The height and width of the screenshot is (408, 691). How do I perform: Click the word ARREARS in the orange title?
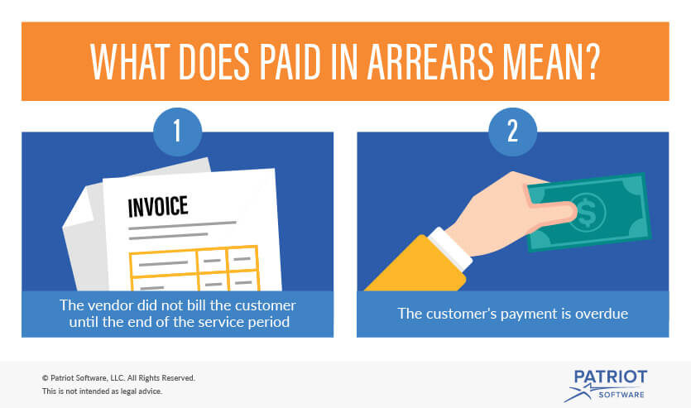[430, 62]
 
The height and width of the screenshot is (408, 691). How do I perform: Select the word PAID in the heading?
[290, 62]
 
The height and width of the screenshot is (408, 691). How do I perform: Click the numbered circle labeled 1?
[178, 132]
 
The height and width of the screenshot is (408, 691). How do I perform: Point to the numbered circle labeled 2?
[512, 132]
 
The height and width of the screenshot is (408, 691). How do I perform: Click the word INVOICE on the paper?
[158, 207]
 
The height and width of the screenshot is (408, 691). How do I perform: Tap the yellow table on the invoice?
[194, 269]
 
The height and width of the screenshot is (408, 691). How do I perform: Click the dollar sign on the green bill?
[587, 213]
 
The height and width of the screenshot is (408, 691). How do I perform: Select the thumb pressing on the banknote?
[553, 209]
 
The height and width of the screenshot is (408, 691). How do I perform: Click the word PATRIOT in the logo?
[611, 377]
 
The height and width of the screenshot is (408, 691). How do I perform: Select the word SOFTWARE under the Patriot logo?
[621, 395]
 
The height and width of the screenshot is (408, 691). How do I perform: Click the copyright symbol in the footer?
[45, 378]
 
